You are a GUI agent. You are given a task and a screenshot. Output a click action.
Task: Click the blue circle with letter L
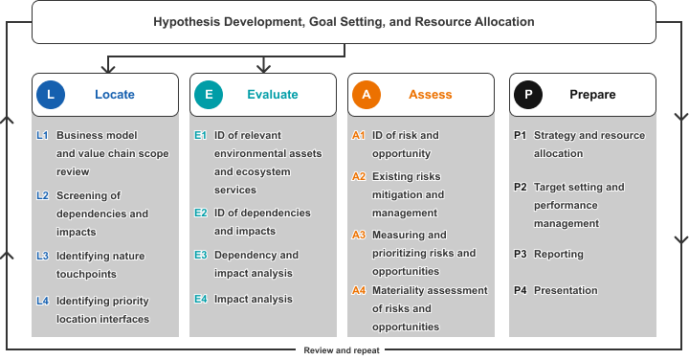click(x=51, y=95)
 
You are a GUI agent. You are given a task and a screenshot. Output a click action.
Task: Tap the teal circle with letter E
click(x=209, y=95)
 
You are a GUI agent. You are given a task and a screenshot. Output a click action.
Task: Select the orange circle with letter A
click(x=366, y=95)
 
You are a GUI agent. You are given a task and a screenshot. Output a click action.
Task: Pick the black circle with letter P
click(x=527, y=95)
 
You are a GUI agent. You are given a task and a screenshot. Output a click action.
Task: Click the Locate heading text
click(x=115, y=95)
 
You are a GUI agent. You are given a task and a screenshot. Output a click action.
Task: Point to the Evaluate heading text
click(x=273, y=95)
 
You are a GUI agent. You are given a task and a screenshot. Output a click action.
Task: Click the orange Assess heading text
click(x=431, y=95)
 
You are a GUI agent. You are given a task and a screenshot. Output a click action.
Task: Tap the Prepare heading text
click(x=592, y=95)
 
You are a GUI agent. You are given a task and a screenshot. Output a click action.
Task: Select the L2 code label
click(x=43, y=195)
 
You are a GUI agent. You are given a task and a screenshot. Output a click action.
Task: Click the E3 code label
click(x=200, y=255)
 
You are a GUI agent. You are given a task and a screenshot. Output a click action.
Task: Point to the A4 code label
click(x=359, y=290)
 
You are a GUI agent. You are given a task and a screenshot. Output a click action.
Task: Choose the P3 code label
click(x=521, y=254)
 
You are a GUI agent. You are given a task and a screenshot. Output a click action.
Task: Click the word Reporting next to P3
click(x=559, y=255)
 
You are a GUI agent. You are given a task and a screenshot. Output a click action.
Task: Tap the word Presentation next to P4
click(x=566, y=290)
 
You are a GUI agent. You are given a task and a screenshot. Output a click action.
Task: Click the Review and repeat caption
click(x=342, y=350)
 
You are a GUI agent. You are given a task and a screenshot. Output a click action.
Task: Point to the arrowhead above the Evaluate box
click(x=263, y=68)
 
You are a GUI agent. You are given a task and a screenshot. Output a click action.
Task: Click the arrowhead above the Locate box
click(x=107, y=68)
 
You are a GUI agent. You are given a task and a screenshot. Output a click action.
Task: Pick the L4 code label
click(x=43, y=301)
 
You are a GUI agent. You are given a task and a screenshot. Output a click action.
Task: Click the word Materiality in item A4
click(x=398, y=290)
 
